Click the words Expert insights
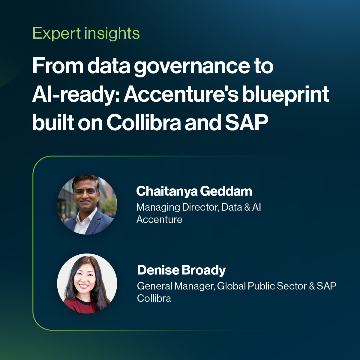click(86, 33)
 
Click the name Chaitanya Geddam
click(194, 191)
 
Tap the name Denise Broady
click(181, 270)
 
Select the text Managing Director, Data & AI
click(199, 207)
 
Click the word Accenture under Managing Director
click(159, 220)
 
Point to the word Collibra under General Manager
click(154, 298)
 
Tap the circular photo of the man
click(87, 205)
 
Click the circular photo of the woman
click(87, 283)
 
